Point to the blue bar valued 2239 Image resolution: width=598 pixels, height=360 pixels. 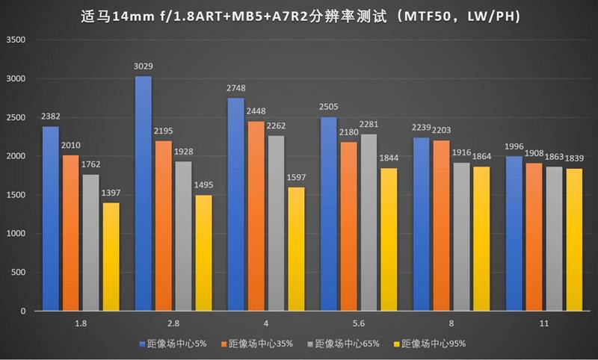click(421, 223)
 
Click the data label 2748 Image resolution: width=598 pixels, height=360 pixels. click(235, 90)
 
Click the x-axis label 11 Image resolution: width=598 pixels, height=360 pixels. click(543, 324)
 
